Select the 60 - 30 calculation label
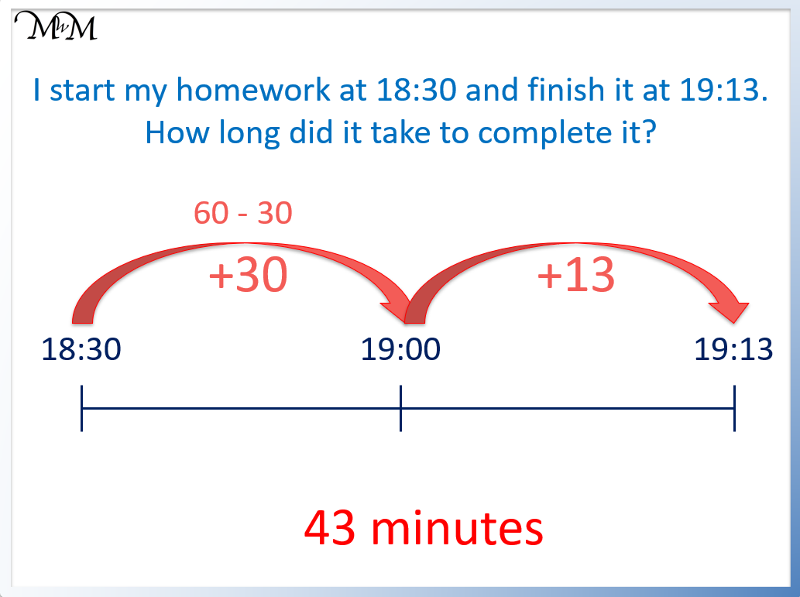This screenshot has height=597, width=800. click(x=242, y=213)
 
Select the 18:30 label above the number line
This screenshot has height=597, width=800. click(x=81, y=350)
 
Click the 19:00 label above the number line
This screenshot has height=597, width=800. click(x=400, y=350)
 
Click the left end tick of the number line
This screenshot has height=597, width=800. click(x=81, y=408)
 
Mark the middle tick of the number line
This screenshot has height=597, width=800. click(x=400, y=408)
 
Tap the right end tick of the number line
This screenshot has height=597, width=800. click(x=734, y=408)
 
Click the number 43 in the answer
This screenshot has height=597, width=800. click(x=331, y=529)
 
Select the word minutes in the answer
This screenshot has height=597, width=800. click(x=457, y=529)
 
